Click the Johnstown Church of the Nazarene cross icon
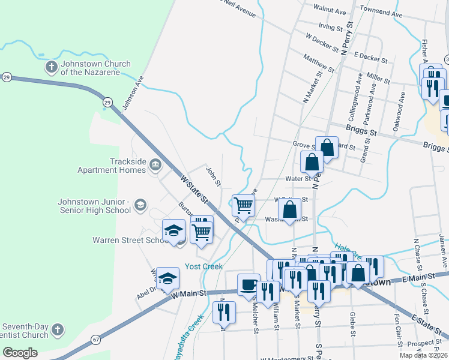click(x=52, y=67)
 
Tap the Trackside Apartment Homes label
click(x=112, y=166)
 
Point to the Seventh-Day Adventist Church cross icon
click(x=57, y=329)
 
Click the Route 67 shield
click(x=95, y=340)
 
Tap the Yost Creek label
click(x=203, y=266)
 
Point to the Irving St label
click(x=330, y=27)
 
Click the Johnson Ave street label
click(x=133, y=93)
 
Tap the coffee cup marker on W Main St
click(x=249, y=284)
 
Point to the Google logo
click(x=20, y=353)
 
